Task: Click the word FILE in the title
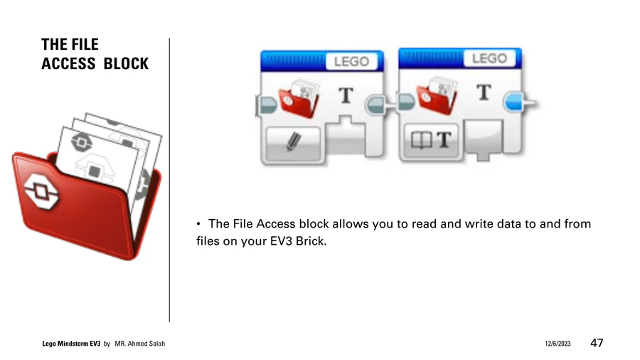(84, 44)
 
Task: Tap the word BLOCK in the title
(126, 63)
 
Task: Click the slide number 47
(597, 343)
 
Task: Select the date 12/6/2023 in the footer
(558, 344)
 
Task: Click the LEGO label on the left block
(351, 62)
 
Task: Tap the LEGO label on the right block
(489, 58)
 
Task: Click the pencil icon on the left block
(294, 142)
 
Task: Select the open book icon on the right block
(421, 140)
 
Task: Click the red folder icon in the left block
(299, 98)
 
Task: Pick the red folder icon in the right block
(437, 95)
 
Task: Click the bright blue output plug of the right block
(515, 102)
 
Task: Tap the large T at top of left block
(346, 95)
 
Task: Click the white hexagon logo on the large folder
(41, 191)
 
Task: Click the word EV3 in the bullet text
(281, 240)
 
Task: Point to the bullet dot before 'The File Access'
(198, 223)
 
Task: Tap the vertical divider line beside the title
(169, 180)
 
